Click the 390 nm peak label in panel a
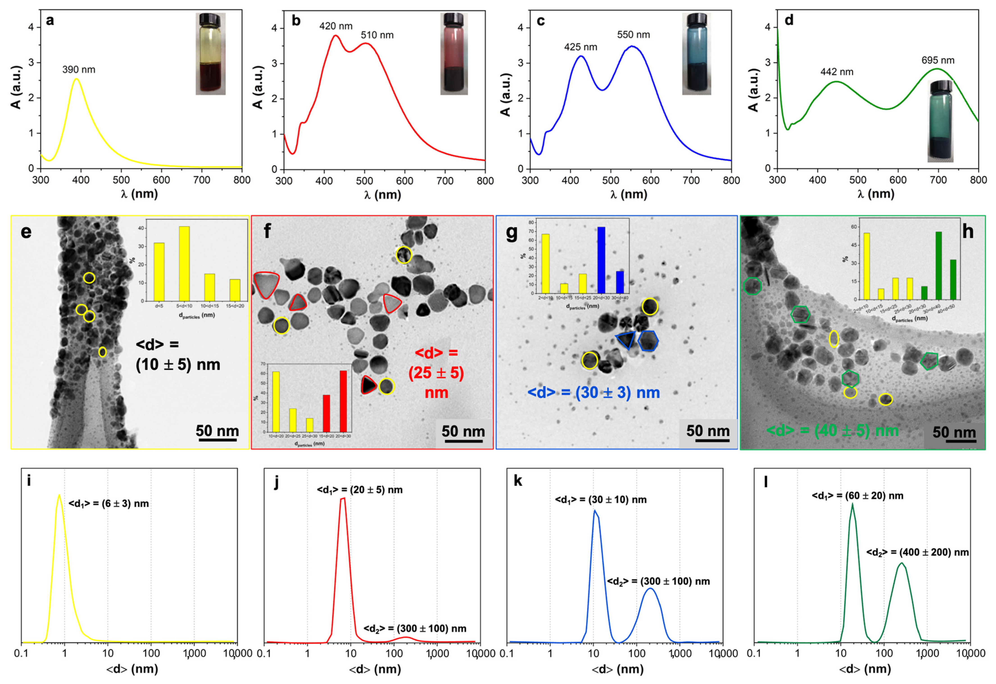click(x=79, y=70)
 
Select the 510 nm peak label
click(x=377, y=35)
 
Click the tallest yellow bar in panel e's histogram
click(x=184, y=263)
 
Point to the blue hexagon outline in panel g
click(x=648, y=341)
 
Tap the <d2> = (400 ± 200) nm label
click(x=917, y=552)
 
